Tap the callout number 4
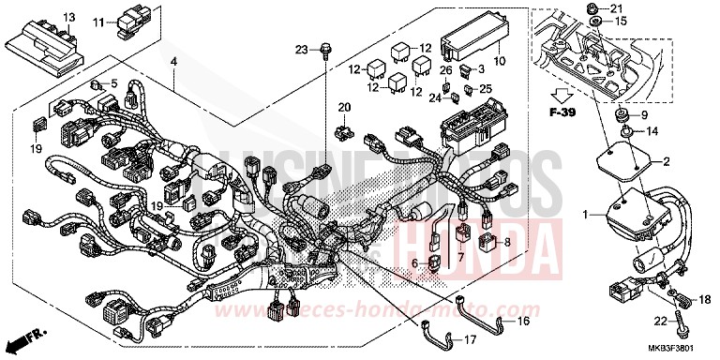(x=173, y=63)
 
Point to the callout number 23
(x=302, y=48)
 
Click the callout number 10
(x=499, y=63)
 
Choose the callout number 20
(x=344, y=107)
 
